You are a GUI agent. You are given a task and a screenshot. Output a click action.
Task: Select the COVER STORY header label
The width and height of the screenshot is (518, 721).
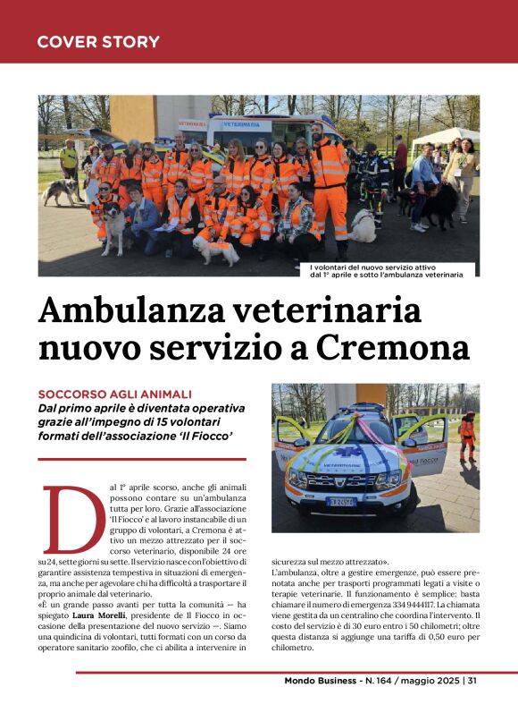pos(98,42)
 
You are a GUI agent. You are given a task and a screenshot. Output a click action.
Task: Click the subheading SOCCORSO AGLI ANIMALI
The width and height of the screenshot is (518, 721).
pos(114,394)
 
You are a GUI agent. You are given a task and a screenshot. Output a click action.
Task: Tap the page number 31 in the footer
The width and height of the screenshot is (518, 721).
pos(472,681)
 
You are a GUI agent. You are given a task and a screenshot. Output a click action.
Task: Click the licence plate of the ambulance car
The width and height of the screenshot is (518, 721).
pos(338,502)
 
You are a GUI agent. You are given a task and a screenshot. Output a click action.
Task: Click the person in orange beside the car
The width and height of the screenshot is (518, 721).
pos(466,436)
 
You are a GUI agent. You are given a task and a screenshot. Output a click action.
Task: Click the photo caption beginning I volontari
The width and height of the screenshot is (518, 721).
pos(386,270)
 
